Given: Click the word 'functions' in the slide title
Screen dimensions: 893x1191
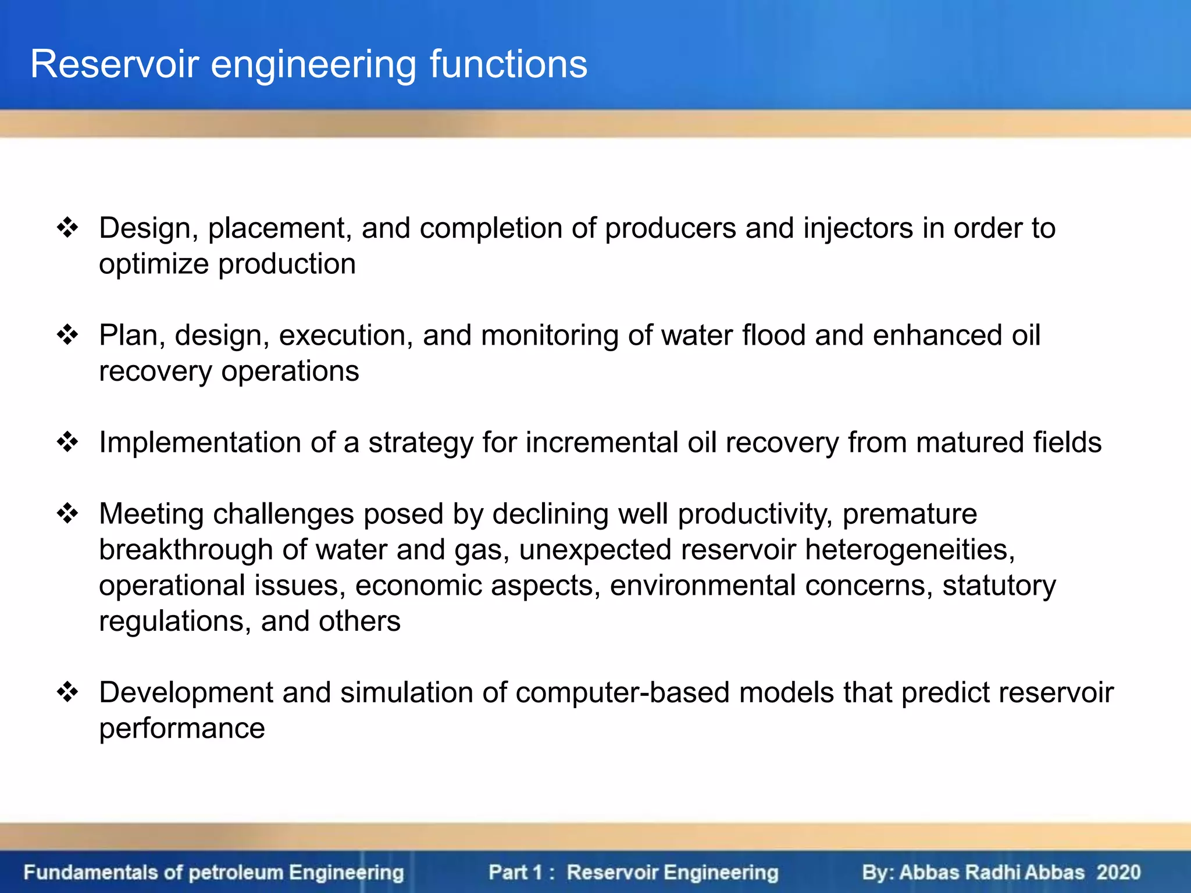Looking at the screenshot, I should click(508, 64).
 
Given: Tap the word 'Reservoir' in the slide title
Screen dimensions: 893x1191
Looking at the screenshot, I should click(115, 64).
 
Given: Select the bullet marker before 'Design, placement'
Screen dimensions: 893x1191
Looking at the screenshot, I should click(67, 227).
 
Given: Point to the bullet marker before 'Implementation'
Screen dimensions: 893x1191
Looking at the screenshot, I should click(67, 442).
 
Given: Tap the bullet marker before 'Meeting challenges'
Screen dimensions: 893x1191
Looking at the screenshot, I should click(67, 513).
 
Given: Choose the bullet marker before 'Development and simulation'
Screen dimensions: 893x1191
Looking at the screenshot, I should click(67, 692).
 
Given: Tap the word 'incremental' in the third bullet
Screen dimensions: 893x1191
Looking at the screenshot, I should click(602, 442).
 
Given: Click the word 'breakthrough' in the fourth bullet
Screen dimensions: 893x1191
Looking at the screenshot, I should click(186, 549).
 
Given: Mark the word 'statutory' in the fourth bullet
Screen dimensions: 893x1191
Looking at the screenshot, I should click(999, 586).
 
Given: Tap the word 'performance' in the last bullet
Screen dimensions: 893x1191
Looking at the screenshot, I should click(181, 729).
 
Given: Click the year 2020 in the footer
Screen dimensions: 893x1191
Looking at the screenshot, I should click(1118, 872).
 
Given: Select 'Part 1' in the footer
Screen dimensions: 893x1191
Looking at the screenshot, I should click(515, 872).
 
